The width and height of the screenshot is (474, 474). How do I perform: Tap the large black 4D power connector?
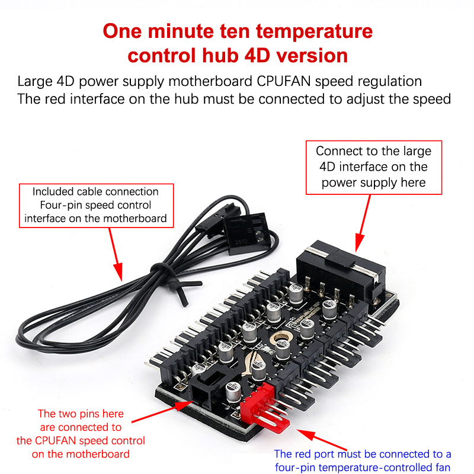340,272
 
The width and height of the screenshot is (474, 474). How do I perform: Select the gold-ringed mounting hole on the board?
281,338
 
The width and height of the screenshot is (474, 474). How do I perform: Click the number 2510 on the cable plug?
241,242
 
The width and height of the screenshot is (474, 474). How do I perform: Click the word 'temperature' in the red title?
314,31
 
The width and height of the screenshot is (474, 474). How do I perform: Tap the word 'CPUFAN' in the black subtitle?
284,81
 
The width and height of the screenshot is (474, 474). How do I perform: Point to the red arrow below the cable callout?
116,255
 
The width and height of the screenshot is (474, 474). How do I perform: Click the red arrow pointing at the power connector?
363,223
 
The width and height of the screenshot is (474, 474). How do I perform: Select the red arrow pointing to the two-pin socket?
162,411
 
